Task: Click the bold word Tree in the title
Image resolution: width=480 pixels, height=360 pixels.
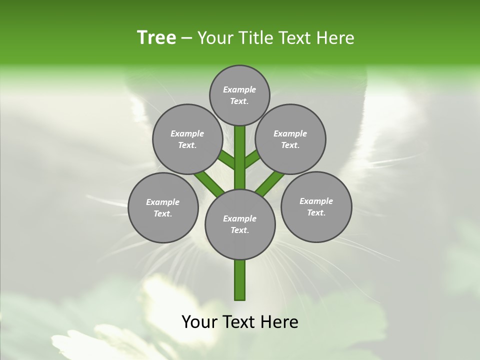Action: point(156,38)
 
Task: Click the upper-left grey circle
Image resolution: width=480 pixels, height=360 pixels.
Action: point(187,139)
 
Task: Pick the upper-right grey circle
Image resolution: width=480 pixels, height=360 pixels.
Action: point(290,139)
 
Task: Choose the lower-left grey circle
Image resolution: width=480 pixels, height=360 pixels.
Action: point(163,208)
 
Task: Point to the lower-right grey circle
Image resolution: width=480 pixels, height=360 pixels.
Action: point(316,207)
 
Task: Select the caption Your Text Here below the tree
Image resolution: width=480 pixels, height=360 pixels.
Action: point(240,322)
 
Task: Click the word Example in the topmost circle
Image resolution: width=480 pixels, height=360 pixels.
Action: point(239,90)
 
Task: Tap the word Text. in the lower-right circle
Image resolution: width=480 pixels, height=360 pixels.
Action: point(316,213)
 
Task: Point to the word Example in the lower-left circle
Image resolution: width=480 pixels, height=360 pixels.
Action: point(163,202)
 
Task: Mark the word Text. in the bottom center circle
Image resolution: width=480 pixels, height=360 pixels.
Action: point(240,230)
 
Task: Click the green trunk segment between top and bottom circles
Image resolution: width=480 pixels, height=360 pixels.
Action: point(240,157)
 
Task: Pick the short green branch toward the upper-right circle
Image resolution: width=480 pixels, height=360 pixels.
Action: point(252,160)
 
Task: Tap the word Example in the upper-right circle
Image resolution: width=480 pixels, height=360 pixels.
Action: point(290,134)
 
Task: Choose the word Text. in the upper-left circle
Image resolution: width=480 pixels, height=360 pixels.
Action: point(187,145)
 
